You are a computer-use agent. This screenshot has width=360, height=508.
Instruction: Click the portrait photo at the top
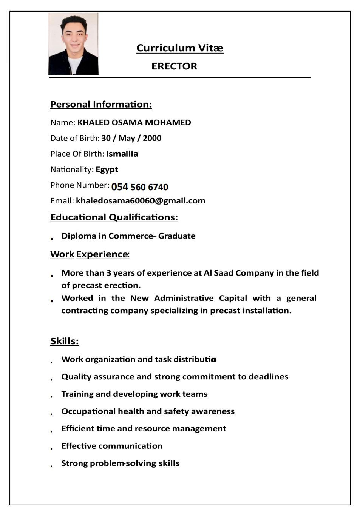click(x=73, y=44)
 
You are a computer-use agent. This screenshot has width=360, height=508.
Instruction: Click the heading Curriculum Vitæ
click(x=180, y=48)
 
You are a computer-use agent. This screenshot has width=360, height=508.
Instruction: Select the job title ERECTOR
click(x=174, y=66)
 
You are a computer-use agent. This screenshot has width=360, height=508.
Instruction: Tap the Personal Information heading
click(x=101, y=104)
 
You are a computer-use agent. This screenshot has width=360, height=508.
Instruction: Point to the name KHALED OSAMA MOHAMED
click(x=134, y=122)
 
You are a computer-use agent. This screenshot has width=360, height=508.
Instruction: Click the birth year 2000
click(x=152, y=138)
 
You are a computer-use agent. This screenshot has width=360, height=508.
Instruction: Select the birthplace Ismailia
click(x=122, y=154)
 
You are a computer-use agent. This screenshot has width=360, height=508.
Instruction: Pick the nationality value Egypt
click(x=107, y=169)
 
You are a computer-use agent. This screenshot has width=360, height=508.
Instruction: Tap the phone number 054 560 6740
click(x=140, y=187)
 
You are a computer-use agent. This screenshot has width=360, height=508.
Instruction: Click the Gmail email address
click(x=141, y=201)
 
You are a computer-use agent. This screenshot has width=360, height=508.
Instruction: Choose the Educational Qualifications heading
click(x=114, y=217)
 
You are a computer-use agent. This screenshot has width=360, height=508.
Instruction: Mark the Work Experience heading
click(x=90, y=254)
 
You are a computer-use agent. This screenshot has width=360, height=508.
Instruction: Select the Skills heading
click(x=65, y=341)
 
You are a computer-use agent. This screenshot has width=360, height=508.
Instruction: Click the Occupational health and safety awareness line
click(x=148, y=411)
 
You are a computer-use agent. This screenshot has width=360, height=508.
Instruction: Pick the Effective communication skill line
click(x=112, y=446)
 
